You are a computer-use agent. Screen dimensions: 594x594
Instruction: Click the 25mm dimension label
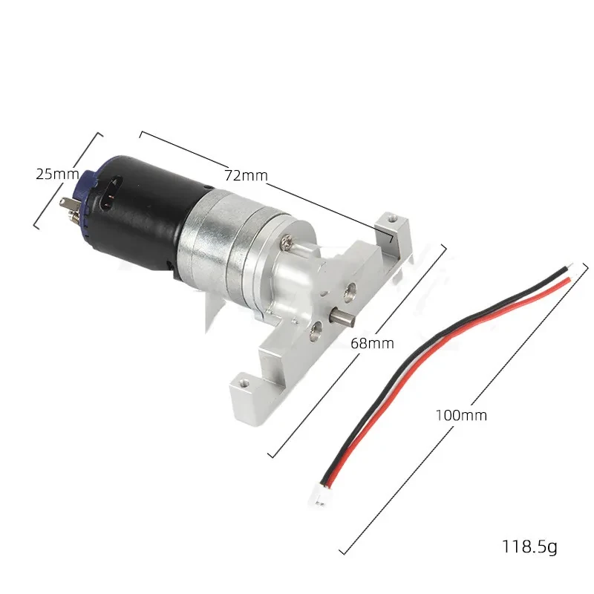pyautogui.click(x=57, y=174)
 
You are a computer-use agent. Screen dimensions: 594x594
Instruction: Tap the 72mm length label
pyautogui.click(x=246, y=175)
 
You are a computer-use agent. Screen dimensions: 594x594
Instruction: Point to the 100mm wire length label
pyautogui.click(x=461, y=415)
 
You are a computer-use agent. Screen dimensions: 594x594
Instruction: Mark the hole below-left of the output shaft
pyautogui.click(x=316, y=324)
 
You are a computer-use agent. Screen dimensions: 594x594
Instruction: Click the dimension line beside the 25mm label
pyautogui.click(x=68, y=180)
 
